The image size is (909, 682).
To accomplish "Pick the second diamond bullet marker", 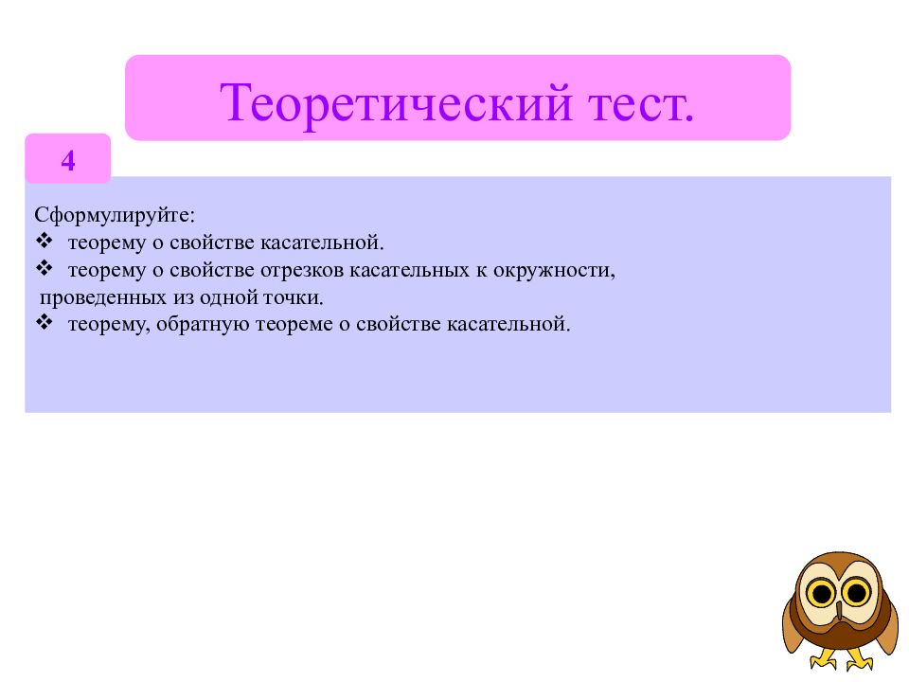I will (45, 269).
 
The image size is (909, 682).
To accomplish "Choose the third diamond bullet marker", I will (45, 324).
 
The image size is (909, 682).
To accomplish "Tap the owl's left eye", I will (823, 594).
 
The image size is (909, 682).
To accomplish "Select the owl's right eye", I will (856, 594).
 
